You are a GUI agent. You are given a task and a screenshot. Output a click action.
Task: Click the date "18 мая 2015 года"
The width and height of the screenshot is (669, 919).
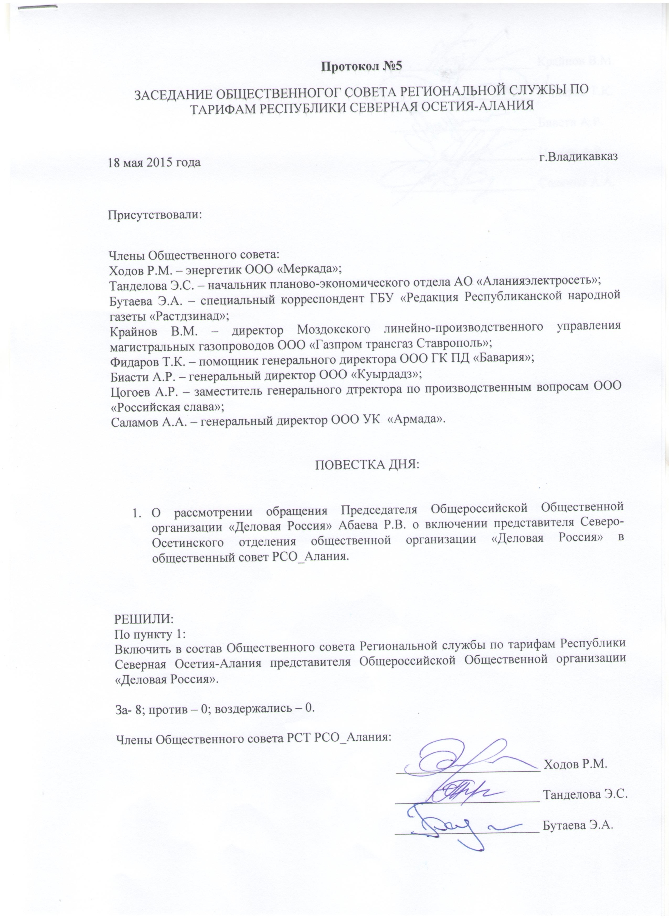(x=154, y=163)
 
